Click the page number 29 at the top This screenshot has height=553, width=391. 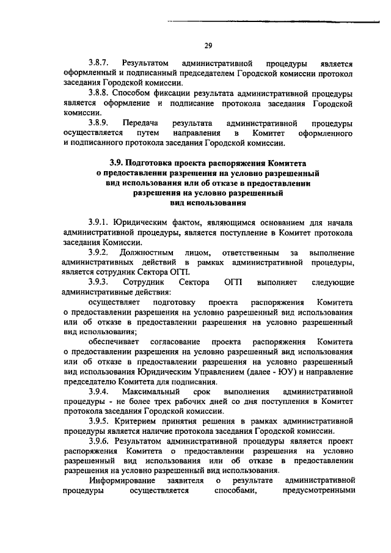(x=208, y=45)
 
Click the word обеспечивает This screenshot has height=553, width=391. (x=114, y=341)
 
